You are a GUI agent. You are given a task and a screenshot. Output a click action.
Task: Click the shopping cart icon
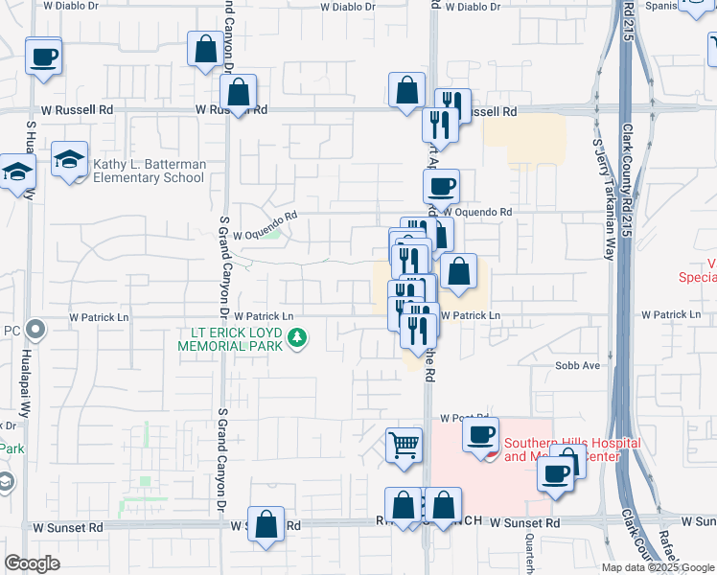click(405, 444)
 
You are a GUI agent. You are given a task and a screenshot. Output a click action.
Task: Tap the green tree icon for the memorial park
click(297, 337)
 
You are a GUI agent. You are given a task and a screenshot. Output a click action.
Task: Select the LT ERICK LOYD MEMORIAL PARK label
click(229, 338)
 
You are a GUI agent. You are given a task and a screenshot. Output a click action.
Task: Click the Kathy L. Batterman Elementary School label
click(150, 171)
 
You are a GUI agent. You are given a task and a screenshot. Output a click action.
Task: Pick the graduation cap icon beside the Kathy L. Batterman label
click(69, 158)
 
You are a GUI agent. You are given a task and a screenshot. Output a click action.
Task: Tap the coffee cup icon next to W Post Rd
click(479, 434)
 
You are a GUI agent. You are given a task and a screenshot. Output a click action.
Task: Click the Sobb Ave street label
click(577, 365)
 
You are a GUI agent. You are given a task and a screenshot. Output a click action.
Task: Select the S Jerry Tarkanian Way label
click(602, 199)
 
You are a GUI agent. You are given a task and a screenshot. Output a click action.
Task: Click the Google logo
click(33, 563)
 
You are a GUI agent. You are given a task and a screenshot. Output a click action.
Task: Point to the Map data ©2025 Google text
click(658, 567)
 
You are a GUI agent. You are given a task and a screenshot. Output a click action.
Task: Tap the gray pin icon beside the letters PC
click(36, 331)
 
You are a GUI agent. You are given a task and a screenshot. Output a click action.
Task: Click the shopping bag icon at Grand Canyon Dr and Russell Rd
click(239, 93)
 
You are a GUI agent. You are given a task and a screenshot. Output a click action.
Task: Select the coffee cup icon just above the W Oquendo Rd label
click(441, 185)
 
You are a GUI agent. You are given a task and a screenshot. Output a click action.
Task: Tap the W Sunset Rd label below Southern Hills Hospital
click(524, 523)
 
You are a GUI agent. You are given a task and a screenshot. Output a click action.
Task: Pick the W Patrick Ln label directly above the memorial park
click(261, 316)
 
